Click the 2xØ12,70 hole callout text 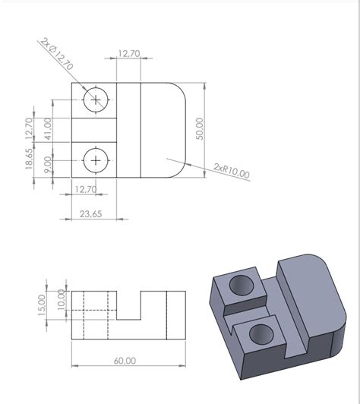coord(57,54)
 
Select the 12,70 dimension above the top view coord(129,53)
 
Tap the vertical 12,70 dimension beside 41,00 coord(30,128)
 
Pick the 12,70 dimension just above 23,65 coord(86,189)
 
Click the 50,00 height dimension coord(200,128)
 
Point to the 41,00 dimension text coord(48,128)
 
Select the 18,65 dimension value coord(29,159)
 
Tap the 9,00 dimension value coord(48,165)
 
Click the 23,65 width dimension coord(90,214)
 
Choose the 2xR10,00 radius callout coord(232,171)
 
